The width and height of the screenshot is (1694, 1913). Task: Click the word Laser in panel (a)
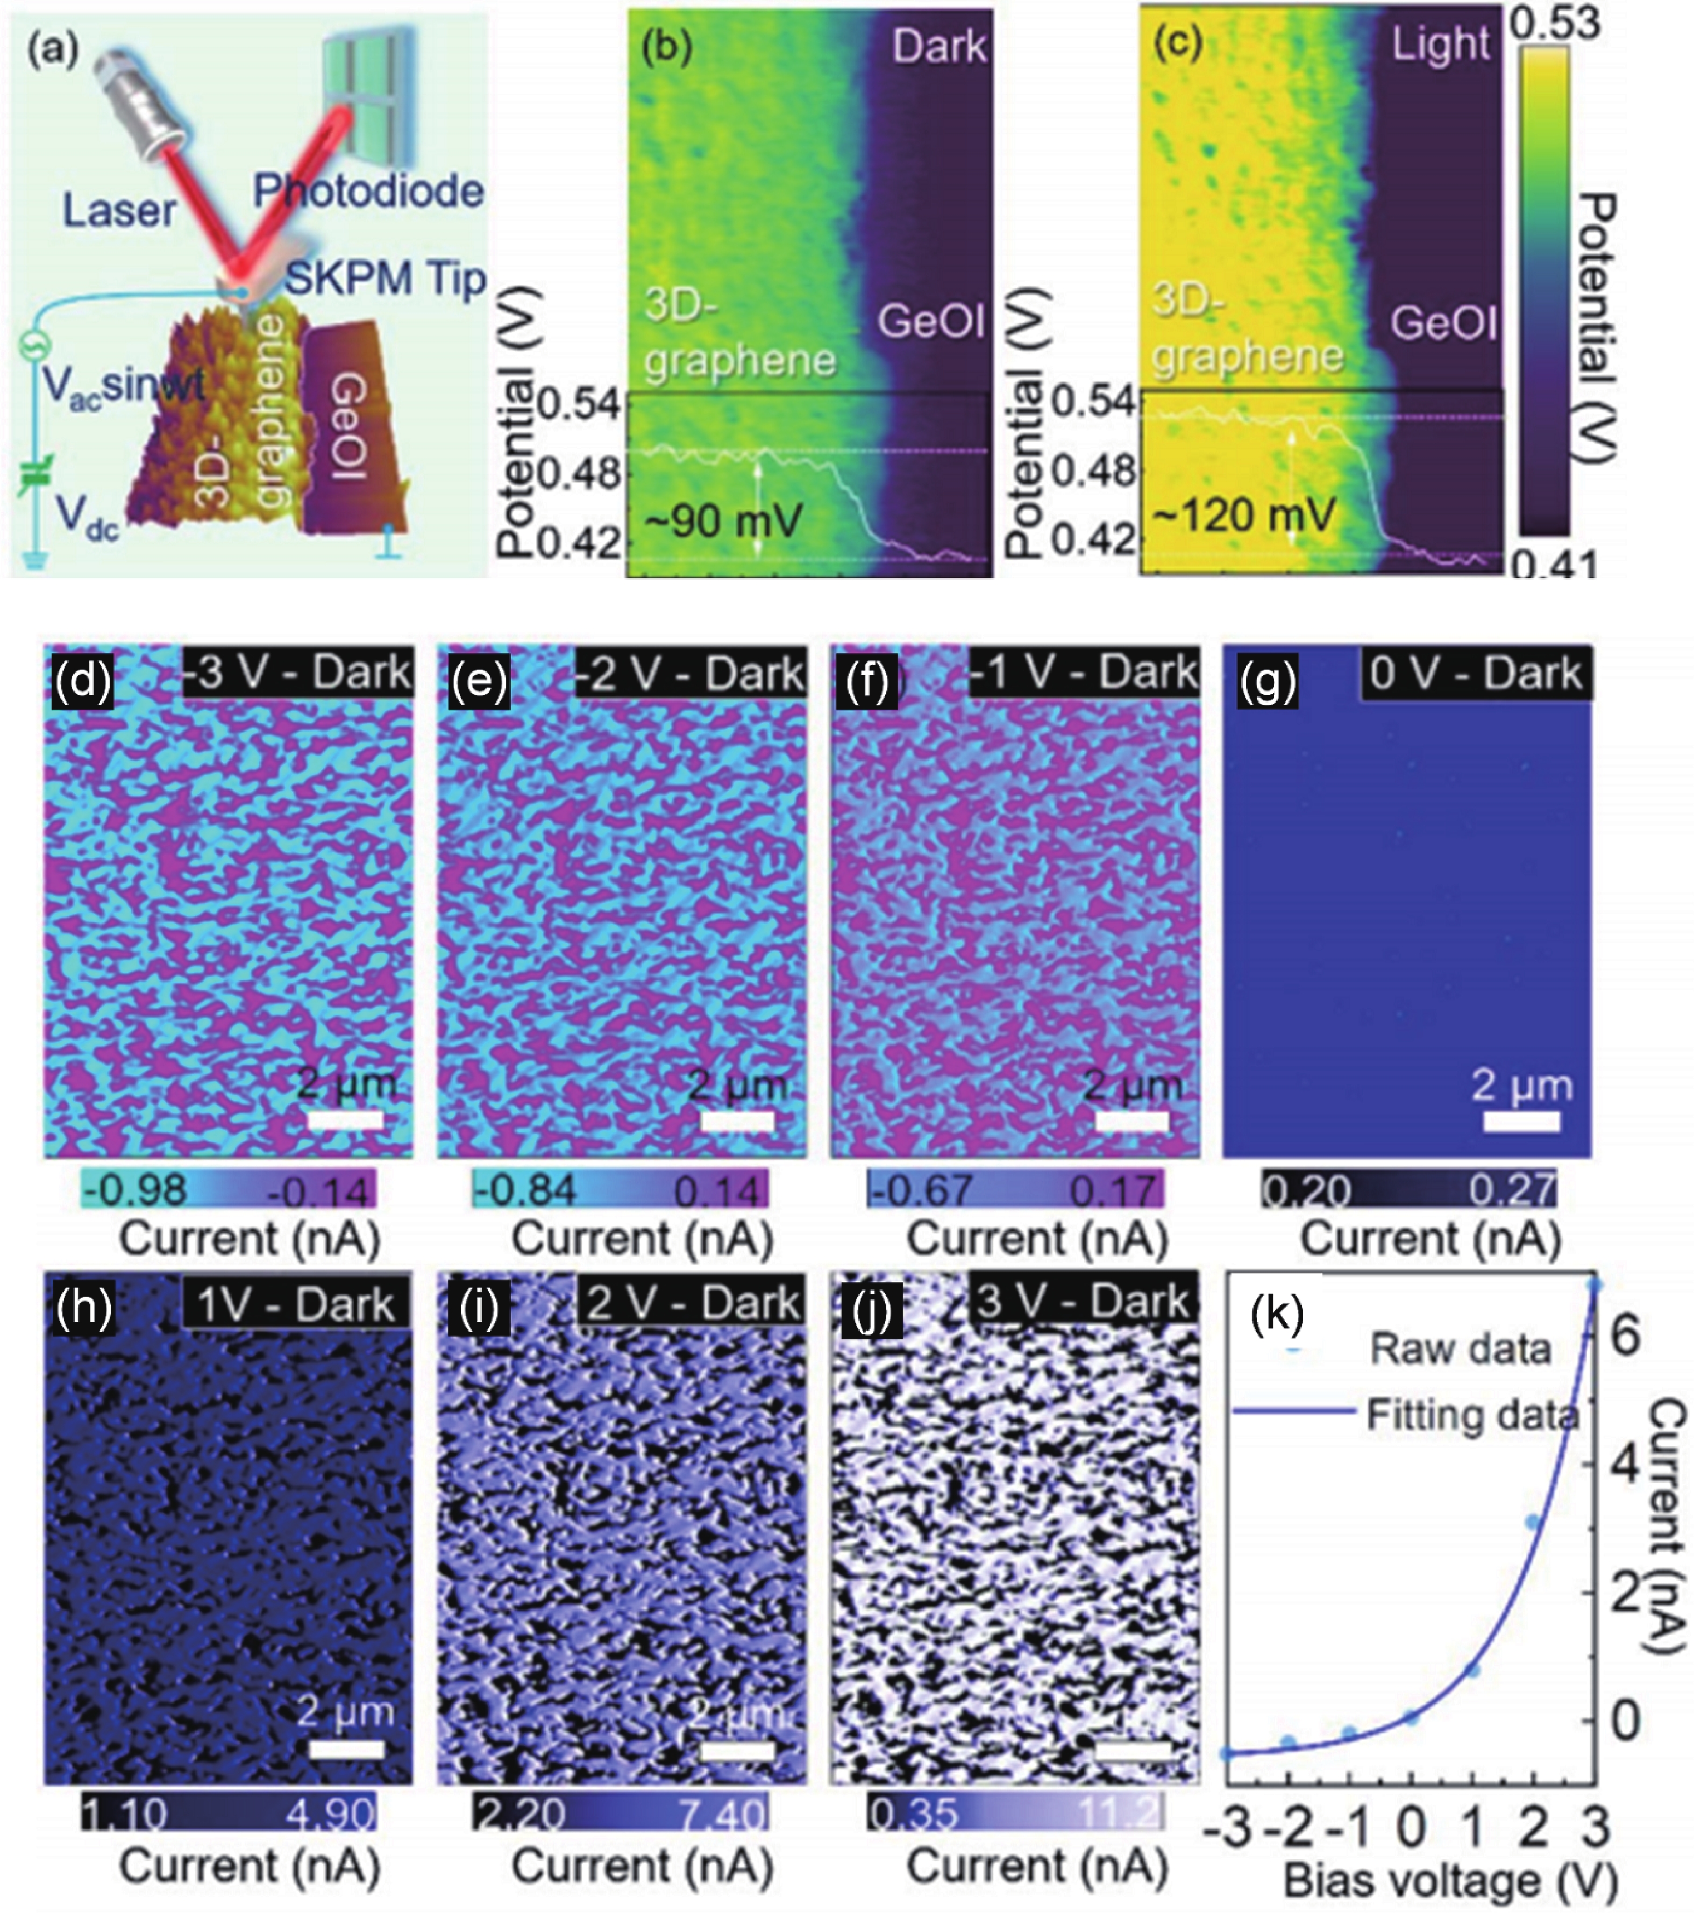(119, 211)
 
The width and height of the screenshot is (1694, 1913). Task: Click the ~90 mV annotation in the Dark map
(722, 518)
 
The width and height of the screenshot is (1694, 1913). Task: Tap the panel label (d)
(82, 681)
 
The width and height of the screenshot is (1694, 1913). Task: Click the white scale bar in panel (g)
(1522, 1120)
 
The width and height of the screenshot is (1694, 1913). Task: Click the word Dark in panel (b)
(939, 45)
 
